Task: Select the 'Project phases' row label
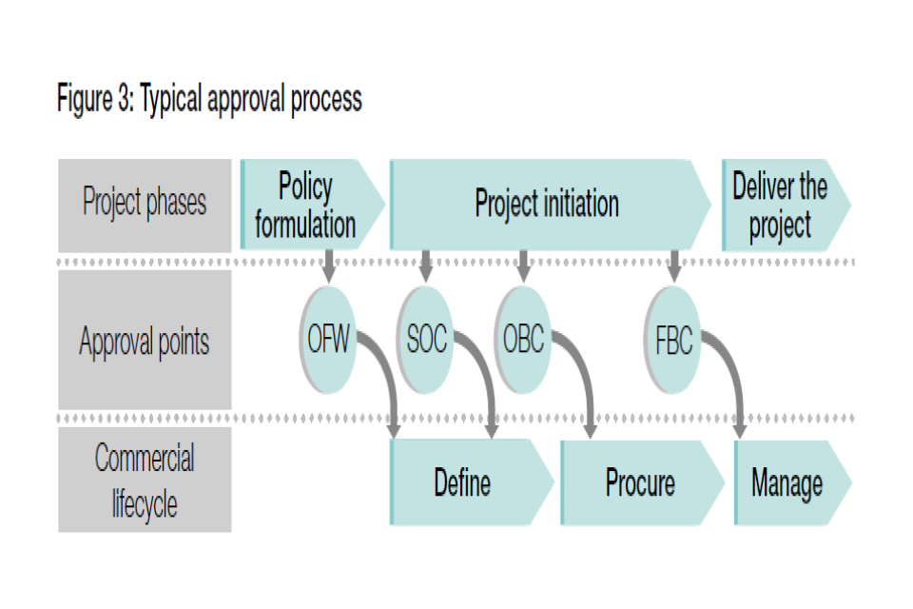[145, 206]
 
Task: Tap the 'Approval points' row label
[145, 340]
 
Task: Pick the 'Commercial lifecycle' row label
[145, 480]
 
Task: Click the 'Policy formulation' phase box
[312, 205]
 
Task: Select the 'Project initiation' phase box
[550, 205]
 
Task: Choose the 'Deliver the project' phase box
[787, 205]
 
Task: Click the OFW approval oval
[328, 340]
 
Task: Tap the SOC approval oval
[426, 340]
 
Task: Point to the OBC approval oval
[523, 340]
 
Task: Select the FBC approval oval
[673, 340]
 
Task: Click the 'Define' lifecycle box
[472, 482]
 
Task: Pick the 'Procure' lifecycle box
[642, 482]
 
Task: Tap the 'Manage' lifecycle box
[793, 482]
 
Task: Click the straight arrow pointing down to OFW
[329, 266]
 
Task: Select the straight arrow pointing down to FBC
[674, 266]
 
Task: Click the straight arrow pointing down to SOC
[426, 266]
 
